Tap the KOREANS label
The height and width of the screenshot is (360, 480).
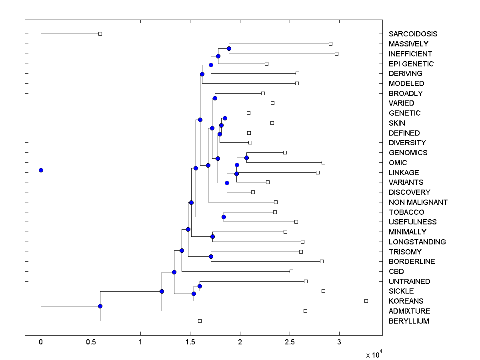click(406, 301)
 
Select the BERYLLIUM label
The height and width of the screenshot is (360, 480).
click(408, 321)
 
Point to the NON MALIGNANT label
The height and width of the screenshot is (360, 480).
click(418, 202)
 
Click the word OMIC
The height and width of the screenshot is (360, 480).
click(398, 163)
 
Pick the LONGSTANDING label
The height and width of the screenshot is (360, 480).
click(417, 242)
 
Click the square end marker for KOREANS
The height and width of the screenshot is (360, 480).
click(366, 301)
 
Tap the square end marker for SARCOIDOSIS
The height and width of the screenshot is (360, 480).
click(100, 34)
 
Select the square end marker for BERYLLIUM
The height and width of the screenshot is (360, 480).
click(200, 321)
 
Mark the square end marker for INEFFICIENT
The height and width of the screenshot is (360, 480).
click(336, 54)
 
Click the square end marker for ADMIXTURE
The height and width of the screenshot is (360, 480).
click(305, 311)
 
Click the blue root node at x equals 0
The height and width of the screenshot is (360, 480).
click(41, 170)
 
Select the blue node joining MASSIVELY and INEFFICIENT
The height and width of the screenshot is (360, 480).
click(229, 49)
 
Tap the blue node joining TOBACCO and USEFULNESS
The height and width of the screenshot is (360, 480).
click(224, 217)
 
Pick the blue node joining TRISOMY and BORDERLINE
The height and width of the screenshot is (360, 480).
click(211, 256)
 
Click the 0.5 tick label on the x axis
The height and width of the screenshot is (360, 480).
click(90, 342)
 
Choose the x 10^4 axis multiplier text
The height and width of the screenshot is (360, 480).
click(374, 354)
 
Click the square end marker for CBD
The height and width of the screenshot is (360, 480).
click(291, 271)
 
